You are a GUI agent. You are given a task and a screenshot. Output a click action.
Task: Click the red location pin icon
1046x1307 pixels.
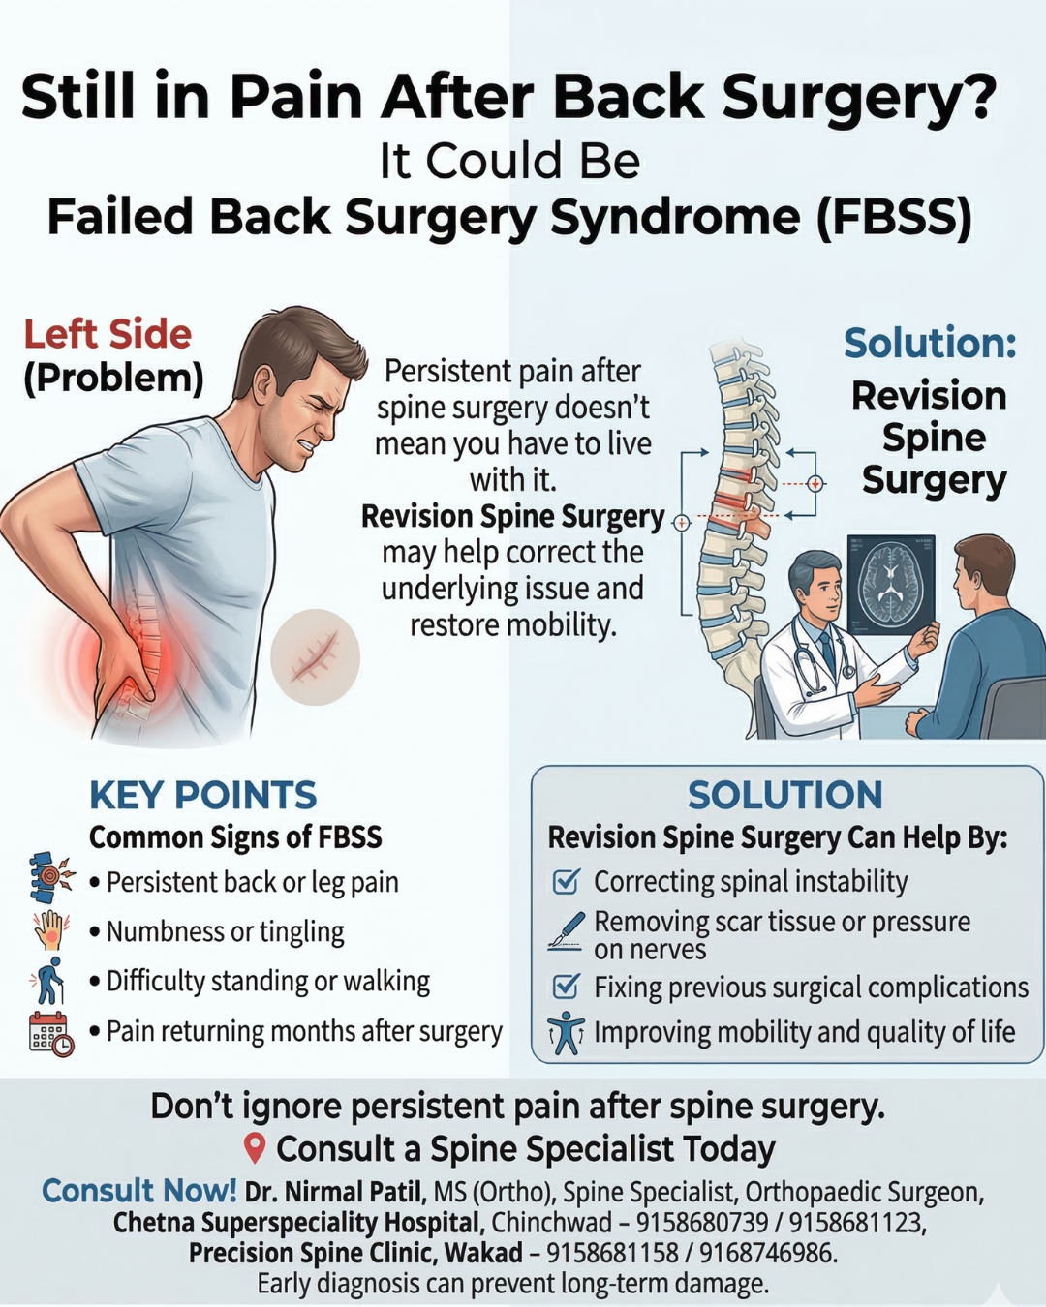[255, 1148]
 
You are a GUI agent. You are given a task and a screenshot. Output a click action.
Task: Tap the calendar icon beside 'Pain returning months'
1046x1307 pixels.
[50, 1032]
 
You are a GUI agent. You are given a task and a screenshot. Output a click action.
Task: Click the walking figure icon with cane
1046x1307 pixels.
[48, 981]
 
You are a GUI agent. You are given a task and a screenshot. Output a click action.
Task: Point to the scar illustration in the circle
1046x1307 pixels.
[315, 657]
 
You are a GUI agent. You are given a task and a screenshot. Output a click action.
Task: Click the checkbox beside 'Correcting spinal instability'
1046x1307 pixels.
[566, 881]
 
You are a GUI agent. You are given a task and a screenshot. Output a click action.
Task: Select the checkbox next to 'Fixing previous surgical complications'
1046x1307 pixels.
[566, 987]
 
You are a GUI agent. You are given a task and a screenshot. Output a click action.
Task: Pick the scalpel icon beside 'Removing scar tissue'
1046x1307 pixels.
[567, 929]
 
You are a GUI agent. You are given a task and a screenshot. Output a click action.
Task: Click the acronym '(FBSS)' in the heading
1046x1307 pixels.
[894, 217]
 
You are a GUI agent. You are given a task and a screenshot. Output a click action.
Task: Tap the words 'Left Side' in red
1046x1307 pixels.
[108, 334]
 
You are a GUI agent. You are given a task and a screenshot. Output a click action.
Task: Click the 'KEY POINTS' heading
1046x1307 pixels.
[202, 795]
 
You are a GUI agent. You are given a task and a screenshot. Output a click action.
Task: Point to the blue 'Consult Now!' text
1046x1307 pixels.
[138, 1190]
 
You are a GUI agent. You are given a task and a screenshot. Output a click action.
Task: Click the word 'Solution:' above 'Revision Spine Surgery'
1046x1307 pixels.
[930, 343]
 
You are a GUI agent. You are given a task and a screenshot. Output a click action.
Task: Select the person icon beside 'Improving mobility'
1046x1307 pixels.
[566, 1033]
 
